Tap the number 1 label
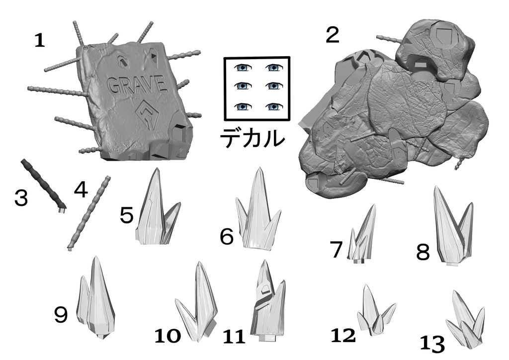click(x=39, y=41)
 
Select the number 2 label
click(x=333, y=35)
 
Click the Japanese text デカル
click(x=252, y=138)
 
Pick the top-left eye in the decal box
click(x=243, y=68)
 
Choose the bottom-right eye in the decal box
click(x=274, y=106)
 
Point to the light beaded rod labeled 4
click(x=89, y=213)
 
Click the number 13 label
click(x=432, y=344)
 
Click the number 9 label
click(x=61, y=315)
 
